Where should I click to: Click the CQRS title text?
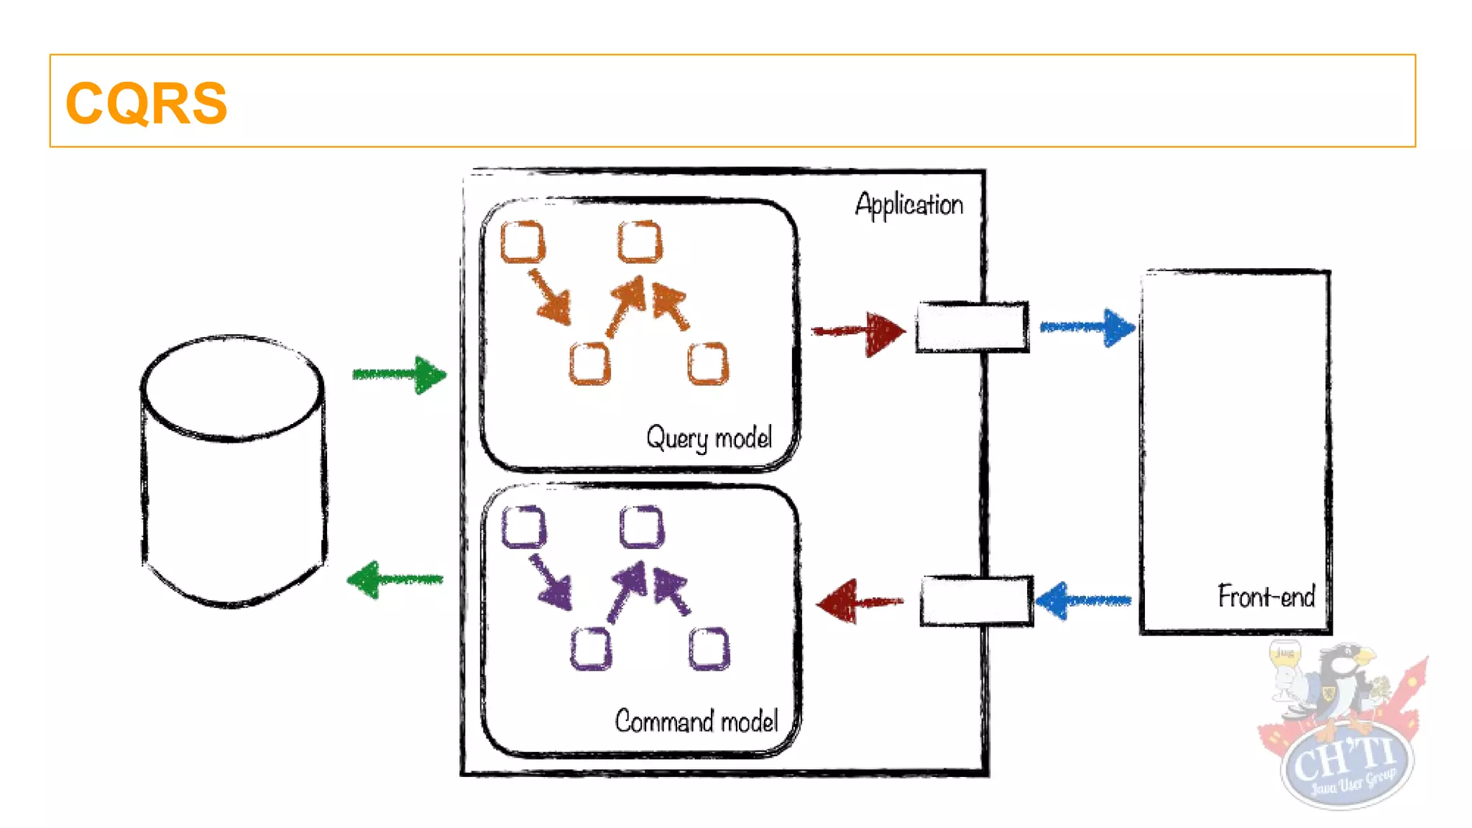[146, 103]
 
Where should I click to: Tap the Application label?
[908, 205]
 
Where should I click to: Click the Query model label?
[709, 438]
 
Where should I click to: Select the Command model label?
[696, 721]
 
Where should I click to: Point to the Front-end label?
[1266, 597]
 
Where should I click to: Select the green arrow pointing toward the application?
[399, 374]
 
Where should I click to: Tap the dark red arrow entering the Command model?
[858, 602]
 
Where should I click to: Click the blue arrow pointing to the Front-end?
[1087, 328]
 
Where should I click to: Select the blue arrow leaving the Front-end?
[1083, 600]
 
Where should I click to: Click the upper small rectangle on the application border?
[972, 328]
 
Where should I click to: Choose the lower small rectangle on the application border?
[976, 601]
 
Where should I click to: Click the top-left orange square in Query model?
[523, 242]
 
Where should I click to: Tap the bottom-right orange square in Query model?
[708, 364]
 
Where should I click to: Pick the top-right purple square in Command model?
[641, 527]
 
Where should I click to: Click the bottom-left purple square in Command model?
[591, 648]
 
